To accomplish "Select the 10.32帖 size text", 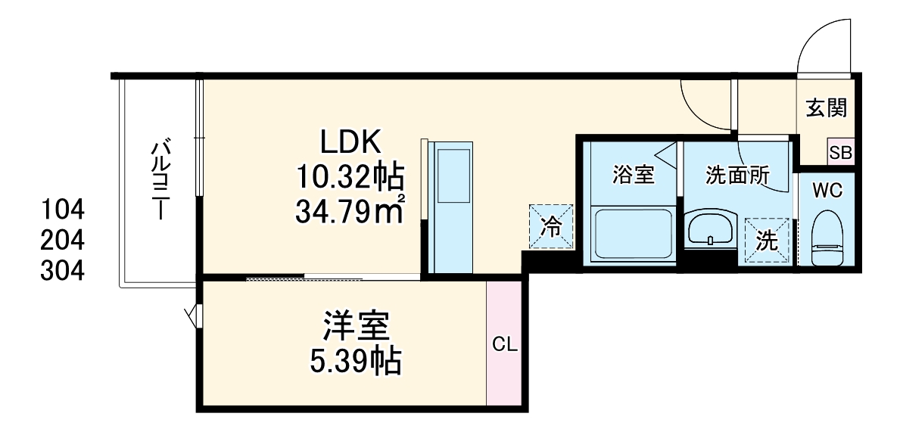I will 349,177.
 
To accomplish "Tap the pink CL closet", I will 504,345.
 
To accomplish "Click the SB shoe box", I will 841,152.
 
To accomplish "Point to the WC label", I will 827,191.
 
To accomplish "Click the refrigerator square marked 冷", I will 552,226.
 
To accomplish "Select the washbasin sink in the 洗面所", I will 710,228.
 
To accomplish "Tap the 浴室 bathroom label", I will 633,176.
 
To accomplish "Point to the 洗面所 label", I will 737,176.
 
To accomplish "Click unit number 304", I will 63,271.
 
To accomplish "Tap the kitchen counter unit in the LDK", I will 452,206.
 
